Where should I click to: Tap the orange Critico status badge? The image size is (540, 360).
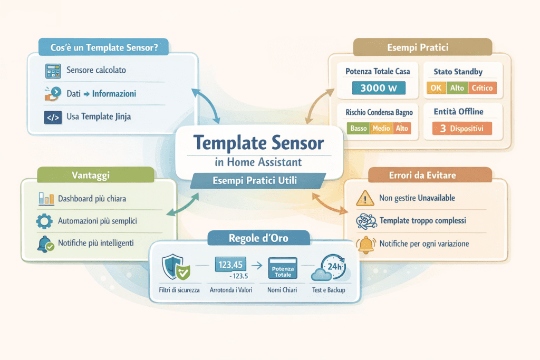(482, 88)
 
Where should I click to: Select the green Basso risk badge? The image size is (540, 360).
(359, 128)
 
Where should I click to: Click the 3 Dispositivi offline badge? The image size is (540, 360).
(461, 129)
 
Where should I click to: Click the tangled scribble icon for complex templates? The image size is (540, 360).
(365, 221)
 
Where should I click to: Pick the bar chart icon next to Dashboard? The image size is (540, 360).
(46, 199)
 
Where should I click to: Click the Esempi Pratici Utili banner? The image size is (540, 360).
(255, 181)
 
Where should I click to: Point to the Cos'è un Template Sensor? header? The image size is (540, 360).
(103, 47)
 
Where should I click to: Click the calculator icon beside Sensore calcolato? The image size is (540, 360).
(53, 70)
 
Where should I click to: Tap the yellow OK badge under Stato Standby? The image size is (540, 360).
(436, 88)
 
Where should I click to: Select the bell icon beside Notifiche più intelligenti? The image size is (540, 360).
(45, 244)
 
